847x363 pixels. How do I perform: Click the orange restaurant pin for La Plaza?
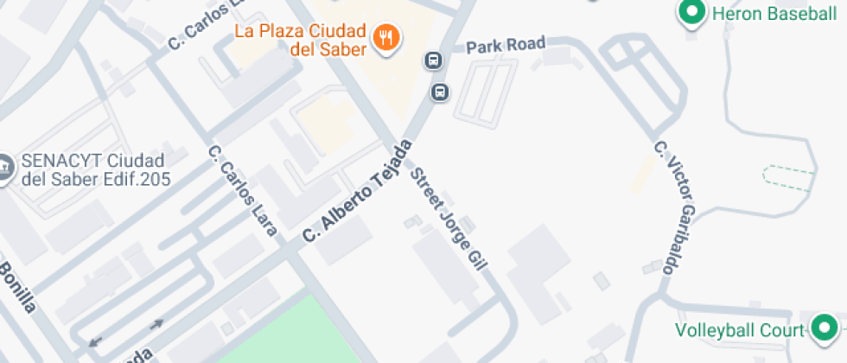click(x=385, y=37)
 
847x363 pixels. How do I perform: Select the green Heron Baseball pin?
click(x=691, y=14)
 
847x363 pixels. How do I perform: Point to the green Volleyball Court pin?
click(x=824, y=328)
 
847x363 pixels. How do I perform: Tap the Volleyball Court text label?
click(x=740, y=329)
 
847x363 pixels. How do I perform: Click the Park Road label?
click(x=506, y=44)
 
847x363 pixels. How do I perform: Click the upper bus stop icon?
click(x=433, y=60)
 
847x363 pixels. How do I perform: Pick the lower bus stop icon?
click(x=440, y=91)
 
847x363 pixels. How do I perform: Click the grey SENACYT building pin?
click(x=4, y=168)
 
